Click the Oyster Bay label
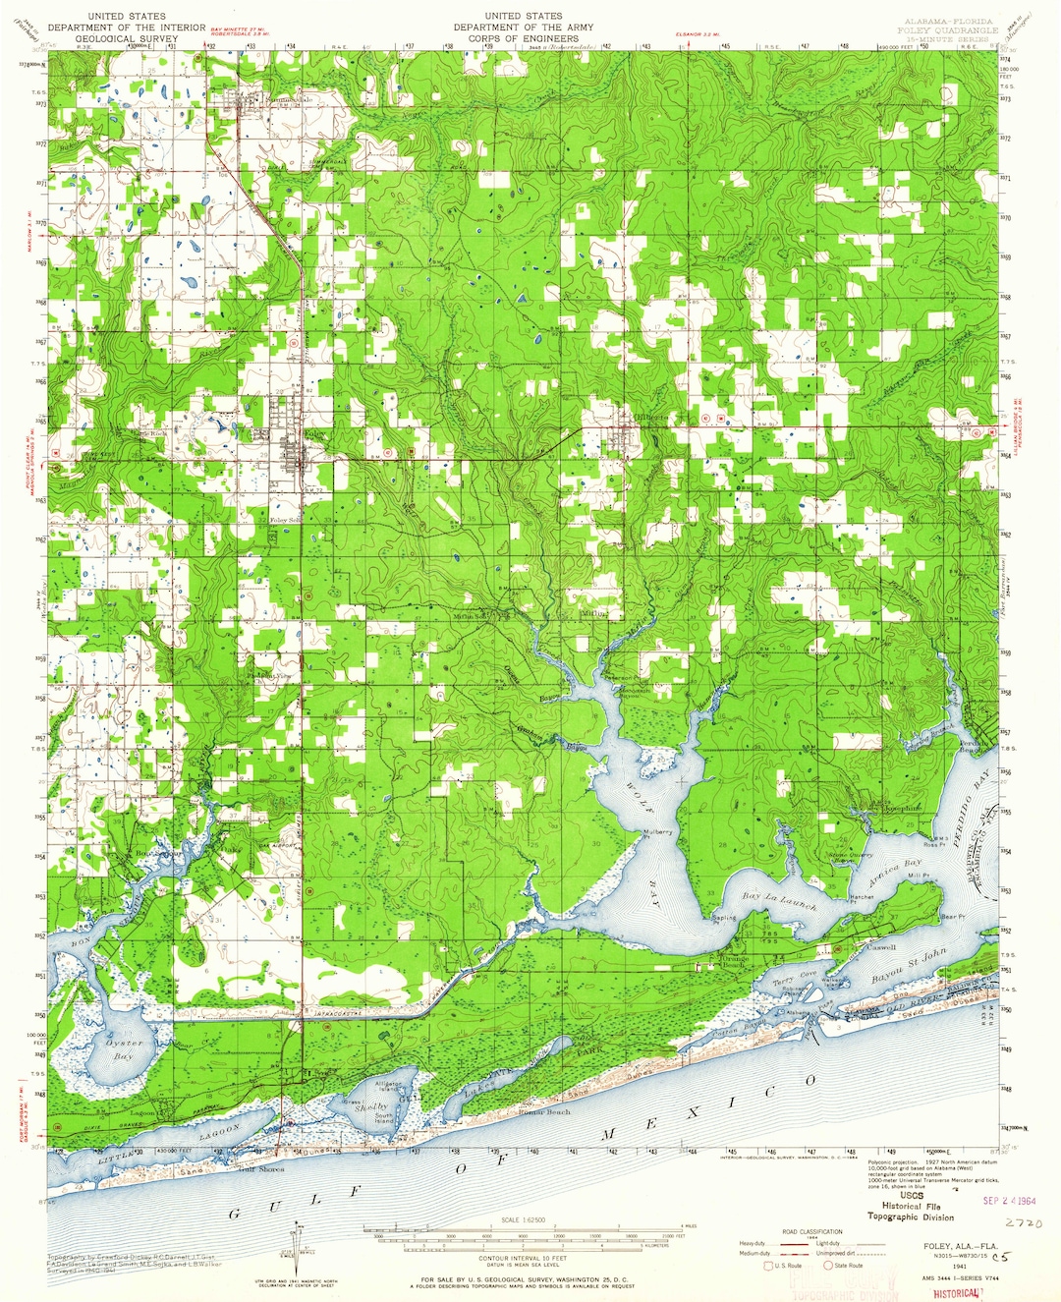click(125, 1049)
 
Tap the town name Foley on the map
click(314, 433)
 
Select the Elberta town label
click(651, 418)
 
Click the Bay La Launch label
click(778, 900)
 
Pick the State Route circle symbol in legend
click(827, 1266)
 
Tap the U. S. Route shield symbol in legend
click(769, 1266)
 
